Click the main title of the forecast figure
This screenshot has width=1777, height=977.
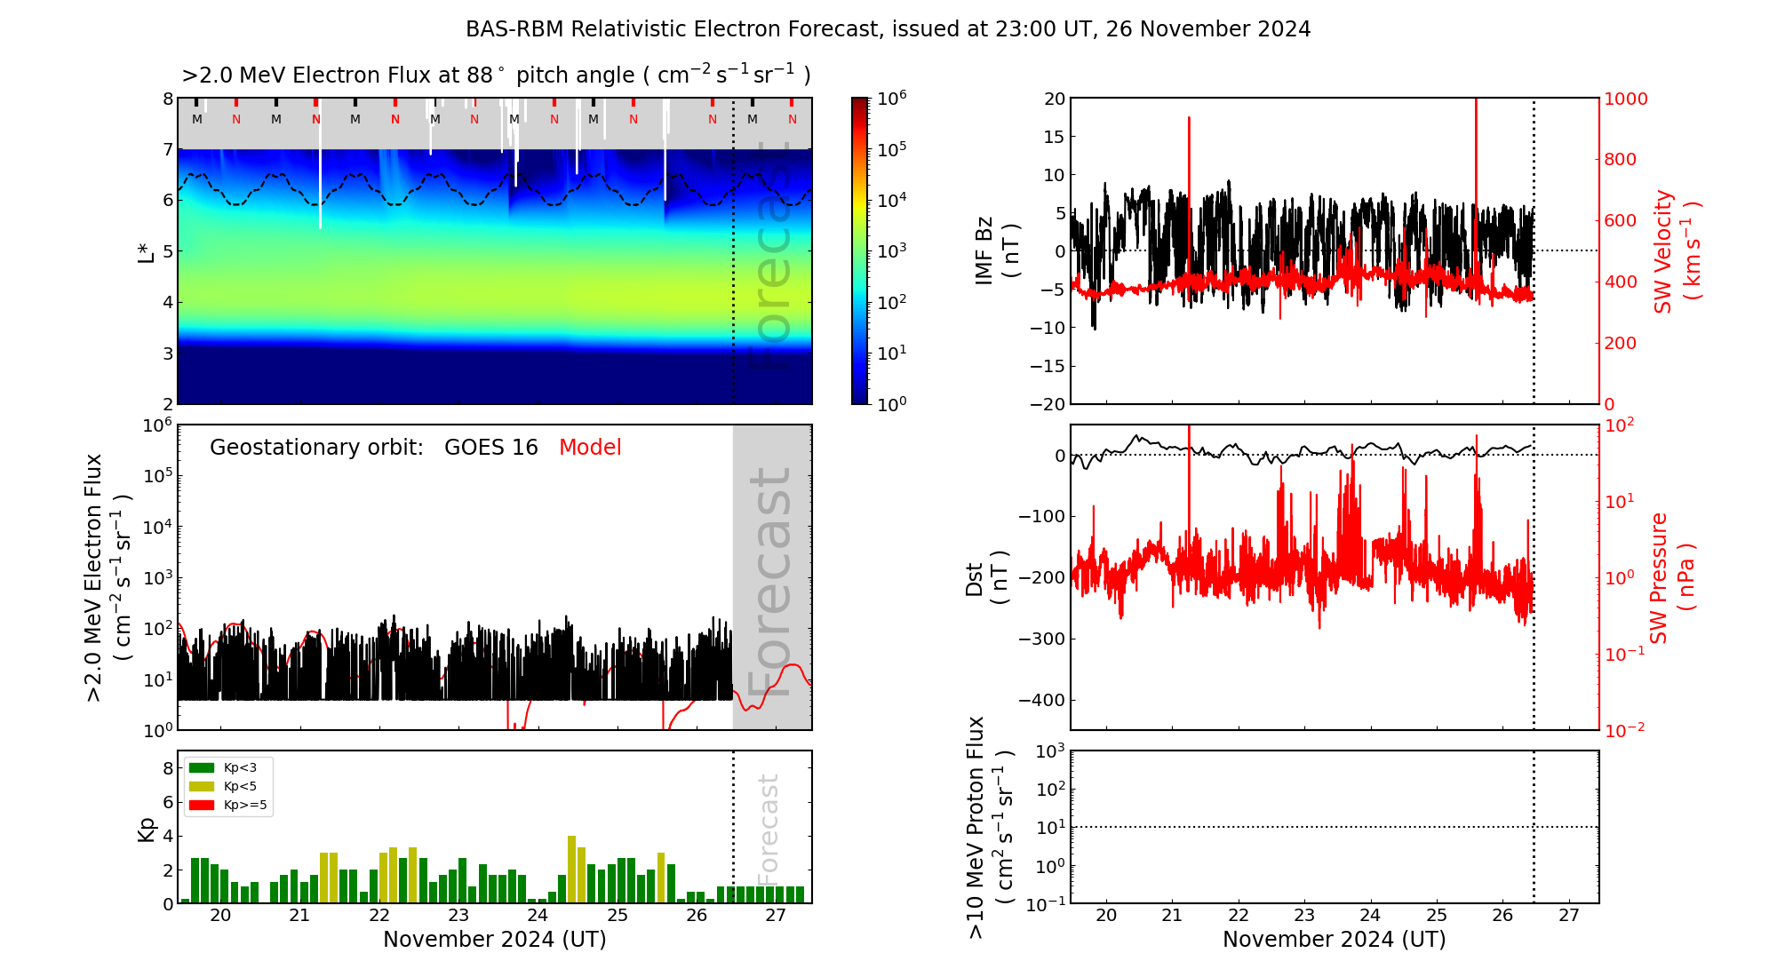point(888,29)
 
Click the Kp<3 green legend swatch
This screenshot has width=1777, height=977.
point(202,767)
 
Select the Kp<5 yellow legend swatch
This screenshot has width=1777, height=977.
point(202,786)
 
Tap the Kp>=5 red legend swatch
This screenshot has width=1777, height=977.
point(202,806)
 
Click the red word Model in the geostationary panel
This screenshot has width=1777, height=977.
point(590,448)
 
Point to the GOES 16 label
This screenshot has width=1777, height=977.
point(490,448)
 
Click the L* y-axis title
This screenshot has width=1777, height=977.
point(146,250)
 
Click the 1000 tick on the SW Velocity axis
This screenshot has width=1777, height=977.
point(1625,99)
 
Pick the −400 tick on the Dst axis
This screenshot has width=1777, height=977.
point(1041,700)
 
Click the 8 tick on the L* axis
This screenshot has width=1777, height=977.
point(167,99)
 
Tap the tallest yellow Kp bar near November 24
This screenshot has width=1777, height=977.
point(572,869)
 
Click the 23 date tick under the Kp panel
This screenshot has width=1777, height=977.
point(458,916)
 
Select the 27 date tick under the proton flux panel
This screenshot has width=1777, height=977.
point(1569,916)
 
